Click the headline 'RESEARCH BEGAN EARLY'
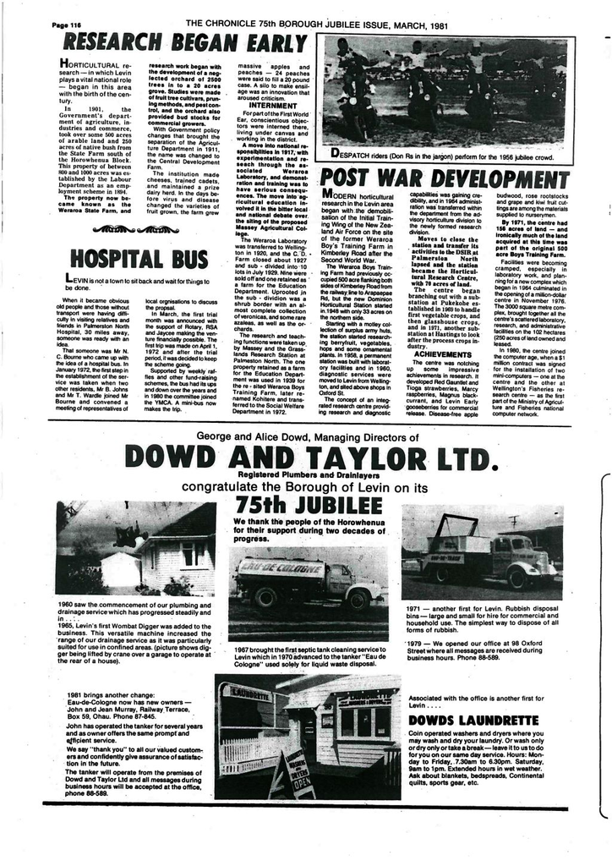(186, 43)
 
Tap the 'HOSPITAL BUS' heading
(139, 257)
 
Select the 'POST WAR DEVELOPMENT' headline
(445, 178)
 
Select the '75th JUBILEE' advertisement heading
(308, 506)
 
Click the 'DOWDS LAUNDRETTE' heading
(473, 720)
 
